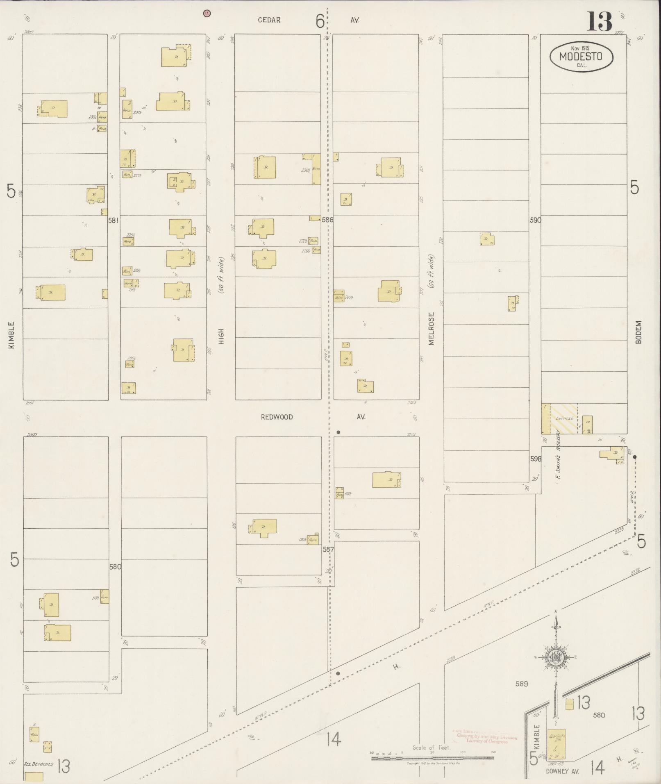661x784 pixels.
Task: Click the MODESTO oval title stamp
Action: [x=581, y=57]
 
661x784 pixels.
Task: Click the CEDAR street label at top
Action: [x=269, y=20]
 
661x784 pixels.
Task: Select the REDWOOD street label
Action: [x=277, y=417]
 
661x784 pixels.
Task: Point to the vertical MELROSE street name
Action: [x=431, y=329]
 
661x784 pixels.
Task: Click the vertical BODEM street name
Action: [x=638, y=332]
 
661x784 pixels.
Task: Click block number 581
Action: [x=113, y=220]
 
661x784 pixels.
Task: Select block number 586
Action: [x=327, y=220]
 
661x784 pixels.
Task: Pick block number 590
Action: [x=535, y=220]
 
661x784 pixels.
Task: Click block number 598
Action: [x=535, y=459]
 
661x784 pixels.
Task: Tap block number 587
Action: [x=328, y=549]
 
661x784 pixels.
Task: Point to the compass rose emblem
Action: [x=556, y=657]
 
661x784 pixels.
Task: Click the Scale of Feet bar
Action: [x=432, y=758]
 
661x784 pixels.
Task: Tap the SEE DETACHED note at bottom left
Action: [x=39, y=764]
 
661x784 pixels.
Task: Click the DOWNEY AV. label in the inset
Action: [x=562, y=771]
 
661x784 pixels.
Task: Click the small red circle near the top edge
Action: [x=207, y=13]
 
